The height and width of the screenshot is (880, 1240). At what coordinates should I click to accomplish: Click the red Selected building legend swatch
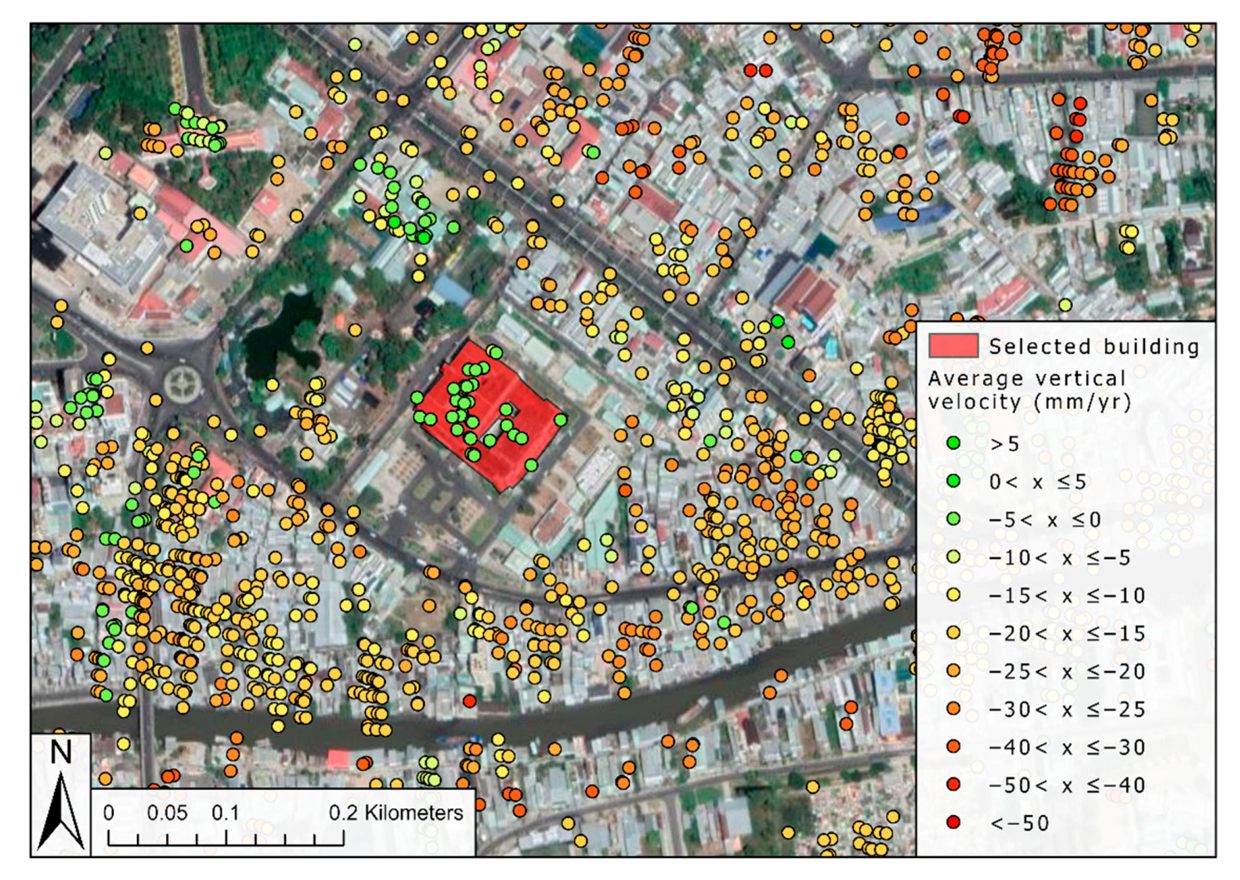(953, 345)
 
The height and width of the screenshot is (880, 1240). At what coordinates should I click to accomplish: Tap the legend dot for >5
(953, 443)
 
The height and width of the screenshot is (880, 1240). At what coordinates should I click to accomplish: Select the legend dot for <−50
(953, 822)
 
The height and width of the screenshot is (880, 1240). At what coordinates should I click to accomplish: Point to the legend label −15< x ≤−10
(1066, 595)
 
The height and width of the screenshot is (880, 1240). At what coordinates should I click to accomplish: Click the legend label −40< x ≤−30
(1066, 747)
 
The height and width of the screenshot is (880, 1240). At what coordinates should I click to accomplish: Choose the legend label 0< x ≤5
(1037, 482)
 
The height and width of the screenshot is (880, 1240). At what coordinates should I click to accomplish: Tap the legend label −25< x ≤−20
(1066, 671)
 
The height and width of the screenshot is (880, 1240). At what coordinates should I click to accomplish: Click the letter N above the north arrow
(60, 753)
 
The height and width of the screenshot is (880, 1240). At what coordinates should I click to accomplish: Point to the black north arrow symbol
(60, 812)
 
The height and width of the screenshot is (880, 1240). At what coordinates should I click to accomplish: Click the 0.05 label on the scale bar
(167, 812)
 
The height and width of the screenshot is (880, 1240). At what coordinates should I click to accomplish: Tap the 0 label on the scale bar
(108, 812)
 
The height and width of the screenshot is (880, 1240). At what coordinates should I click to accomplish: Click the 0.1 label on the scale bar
(226, 812)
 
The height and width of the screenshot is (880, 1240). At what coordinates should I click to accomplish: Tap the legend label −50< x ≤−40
(1066, 785)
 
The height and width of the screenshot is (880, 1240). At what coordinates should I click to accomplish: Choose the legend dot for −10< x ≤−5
(953, 556)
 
